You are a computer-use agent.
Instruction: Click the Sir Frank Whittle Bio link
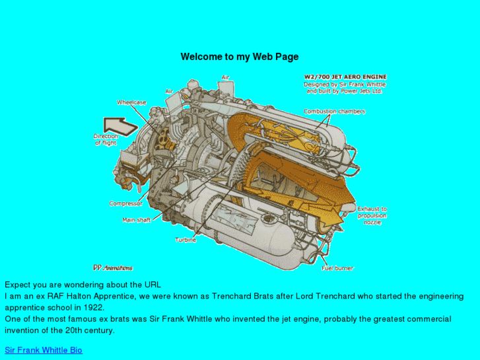44,350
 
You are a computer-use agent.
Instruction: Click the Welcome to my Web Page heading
240,57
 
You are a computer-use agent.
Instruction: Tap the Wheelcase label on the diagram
131,102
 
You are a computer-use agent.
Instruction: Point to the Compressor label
126,203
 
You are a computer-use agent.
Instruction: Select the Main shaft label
137,220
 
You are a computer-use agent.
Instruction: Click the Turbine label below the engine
186,240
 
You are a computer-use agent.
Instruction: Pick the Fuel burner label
337,268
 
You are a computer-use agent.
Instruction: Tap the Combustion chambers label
334,111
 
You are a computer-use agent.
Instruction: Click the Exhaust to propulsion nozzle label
372,216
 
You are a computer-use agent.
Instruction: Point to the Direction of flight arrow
120,126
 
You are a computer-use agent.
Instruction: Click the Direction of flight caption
106,139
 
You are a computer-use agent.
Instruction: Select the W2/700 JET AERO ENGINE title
345,77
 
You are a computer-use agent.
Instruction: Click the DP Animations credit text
113,268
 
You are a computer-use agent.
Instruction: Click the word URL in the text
153,285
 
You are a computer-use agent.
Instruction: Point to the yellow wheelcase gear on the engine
164,139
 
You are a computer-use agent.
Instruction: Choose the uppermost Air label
225,77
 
